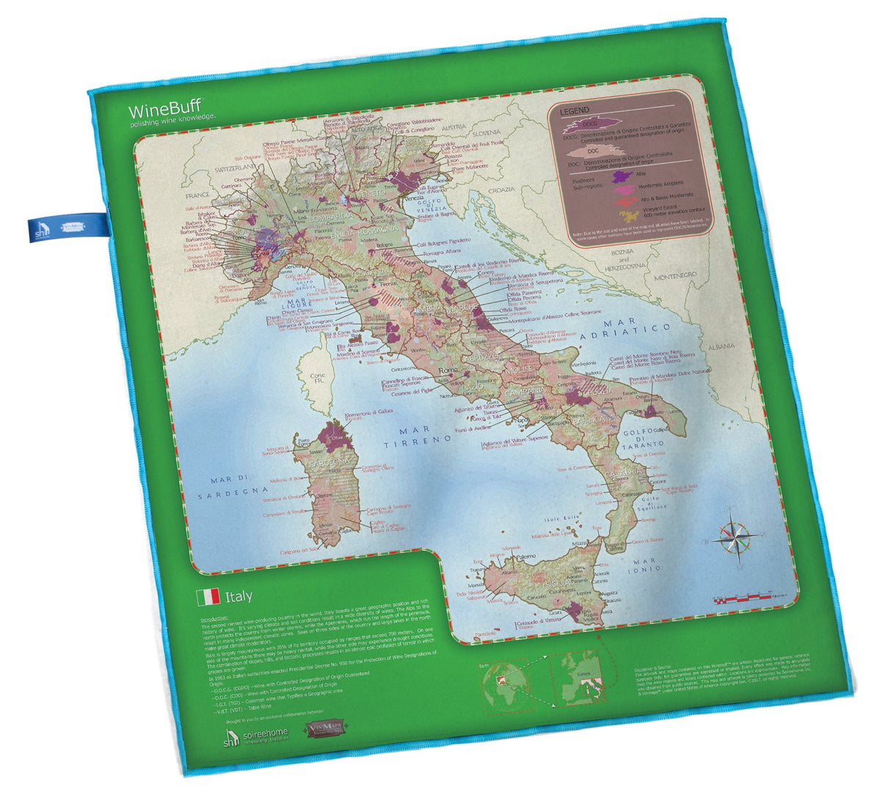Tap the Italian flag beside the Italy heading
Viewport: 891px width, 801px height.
(208, 596)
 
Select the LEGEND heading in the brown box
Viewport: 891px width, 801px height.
(575, 112)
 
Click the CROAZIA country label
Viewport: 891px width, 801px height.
(501, 189)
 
